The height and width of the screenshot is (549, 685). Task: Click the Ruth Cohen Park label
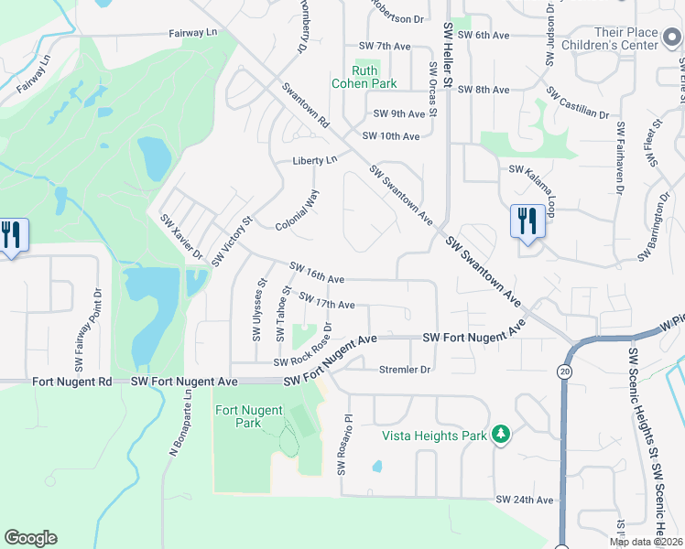tap(375, 77)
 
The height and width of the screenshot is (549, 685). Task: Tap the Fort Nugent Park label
tap(249, 416)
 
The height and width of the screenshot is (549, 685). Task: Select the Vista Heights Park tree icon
tap(500, 434)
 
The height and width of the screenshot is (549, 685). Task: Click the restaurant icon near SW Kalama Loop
tap(527, 221)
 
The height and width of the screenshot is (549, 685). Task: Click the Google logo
tap(30, 538)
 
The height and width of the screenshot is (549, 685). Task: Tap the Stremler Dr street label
tap(404, 370)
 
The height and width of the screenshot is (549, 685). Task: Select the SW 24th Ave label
tap(525, 500)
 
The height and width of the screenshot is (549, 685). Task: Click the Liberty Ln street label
tap(315, 160)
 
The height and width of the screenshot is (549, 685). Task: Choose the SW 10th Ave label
tap(391, 136)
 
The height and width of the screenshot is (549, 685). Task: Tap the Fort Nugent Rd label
tap(71, 381)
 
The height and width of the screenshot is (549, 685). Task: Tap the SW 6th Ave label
tap(483, 35)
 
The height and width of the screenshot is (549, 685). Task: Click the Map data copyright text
tap(645, 542)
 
